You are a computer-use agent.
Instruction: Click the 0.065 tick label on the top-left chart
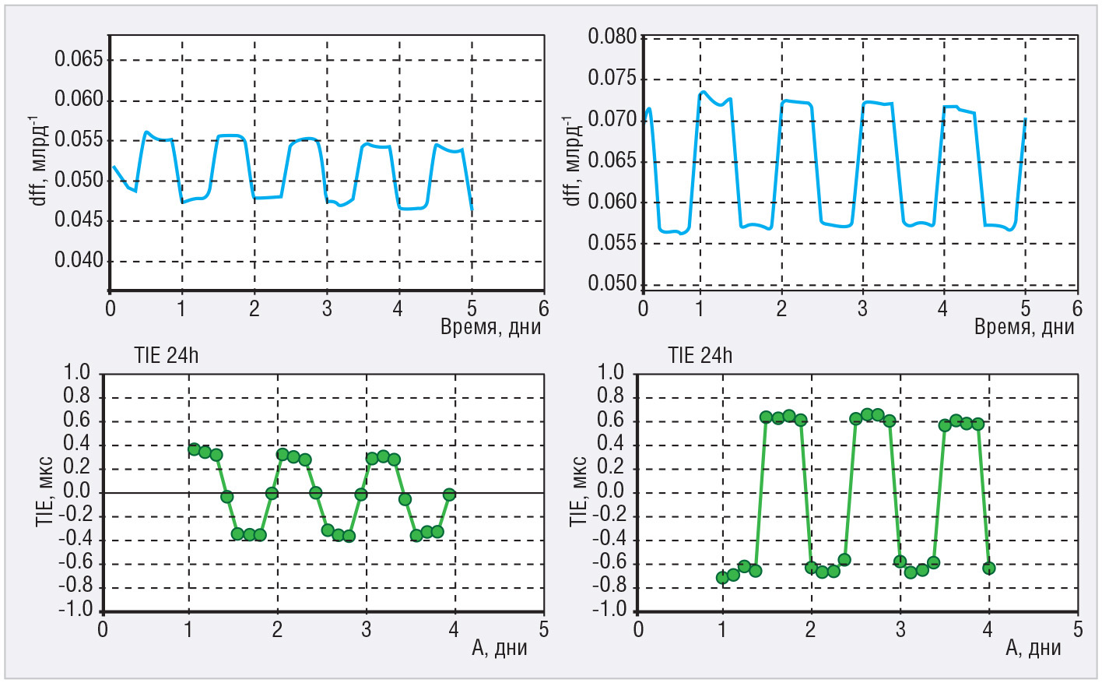[78, 59]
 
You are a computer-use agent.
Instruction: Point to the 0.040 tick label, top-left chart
[78, 260]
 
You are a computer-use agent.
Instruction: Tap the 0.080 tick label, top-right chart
[612, 37]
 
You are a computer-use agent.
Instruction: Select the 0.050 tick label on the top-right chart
[612, 283]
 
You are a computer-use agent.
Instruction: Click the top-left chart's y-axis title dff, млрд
[38, 160]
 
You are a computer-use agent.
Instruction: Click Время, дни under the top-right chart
[1024, 327]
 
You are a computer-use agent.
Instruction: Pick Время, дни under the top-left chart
[490, 327]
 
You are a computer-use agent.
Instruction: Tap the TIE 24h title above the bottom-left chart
[166, 356]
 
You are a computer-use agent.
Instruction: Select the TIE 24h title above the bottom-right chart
[700, 356]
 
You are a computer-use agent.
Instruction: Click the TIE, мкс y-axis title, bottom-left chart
[45, 491]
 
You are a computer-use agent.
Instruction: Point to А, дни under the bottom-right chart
[1034, 648]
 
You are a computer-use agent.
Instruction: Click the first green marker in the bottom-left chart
[194, 449]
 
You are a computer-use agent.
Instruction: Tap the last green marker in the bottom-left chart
[449, 495]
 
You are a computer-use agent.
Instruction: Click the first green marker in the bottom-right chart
[722, 577]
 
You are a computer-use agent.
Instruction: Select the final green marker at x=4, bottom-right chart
[989, 568]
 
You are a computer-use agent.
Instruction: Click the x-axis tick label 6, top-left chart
[543, 309]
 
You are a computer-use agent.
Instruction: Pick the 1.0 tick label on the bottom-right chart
[610, 372]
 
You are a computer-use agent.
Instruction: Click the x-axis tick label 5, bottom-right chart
[1078, 630]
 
